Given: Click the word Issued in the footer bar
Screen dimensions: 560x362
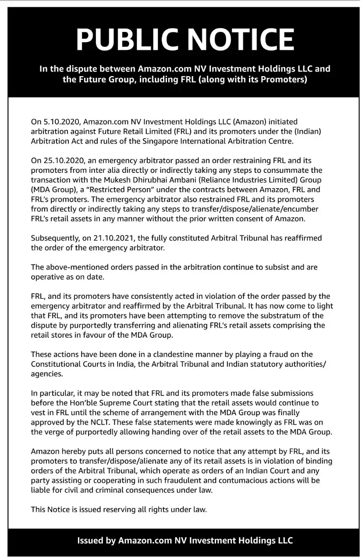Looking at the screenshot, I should pyautogui.click(x=90, y=540).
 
